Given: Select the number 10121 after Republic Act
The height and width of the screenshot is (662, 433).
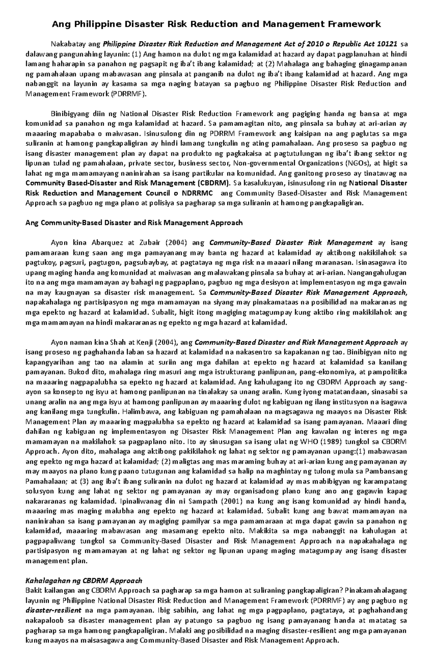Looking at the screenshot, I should click(x=387, y=44).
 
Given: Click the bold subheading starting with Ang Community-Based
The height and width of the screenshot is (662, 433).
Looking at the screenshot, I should click(x=134, y=223).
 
